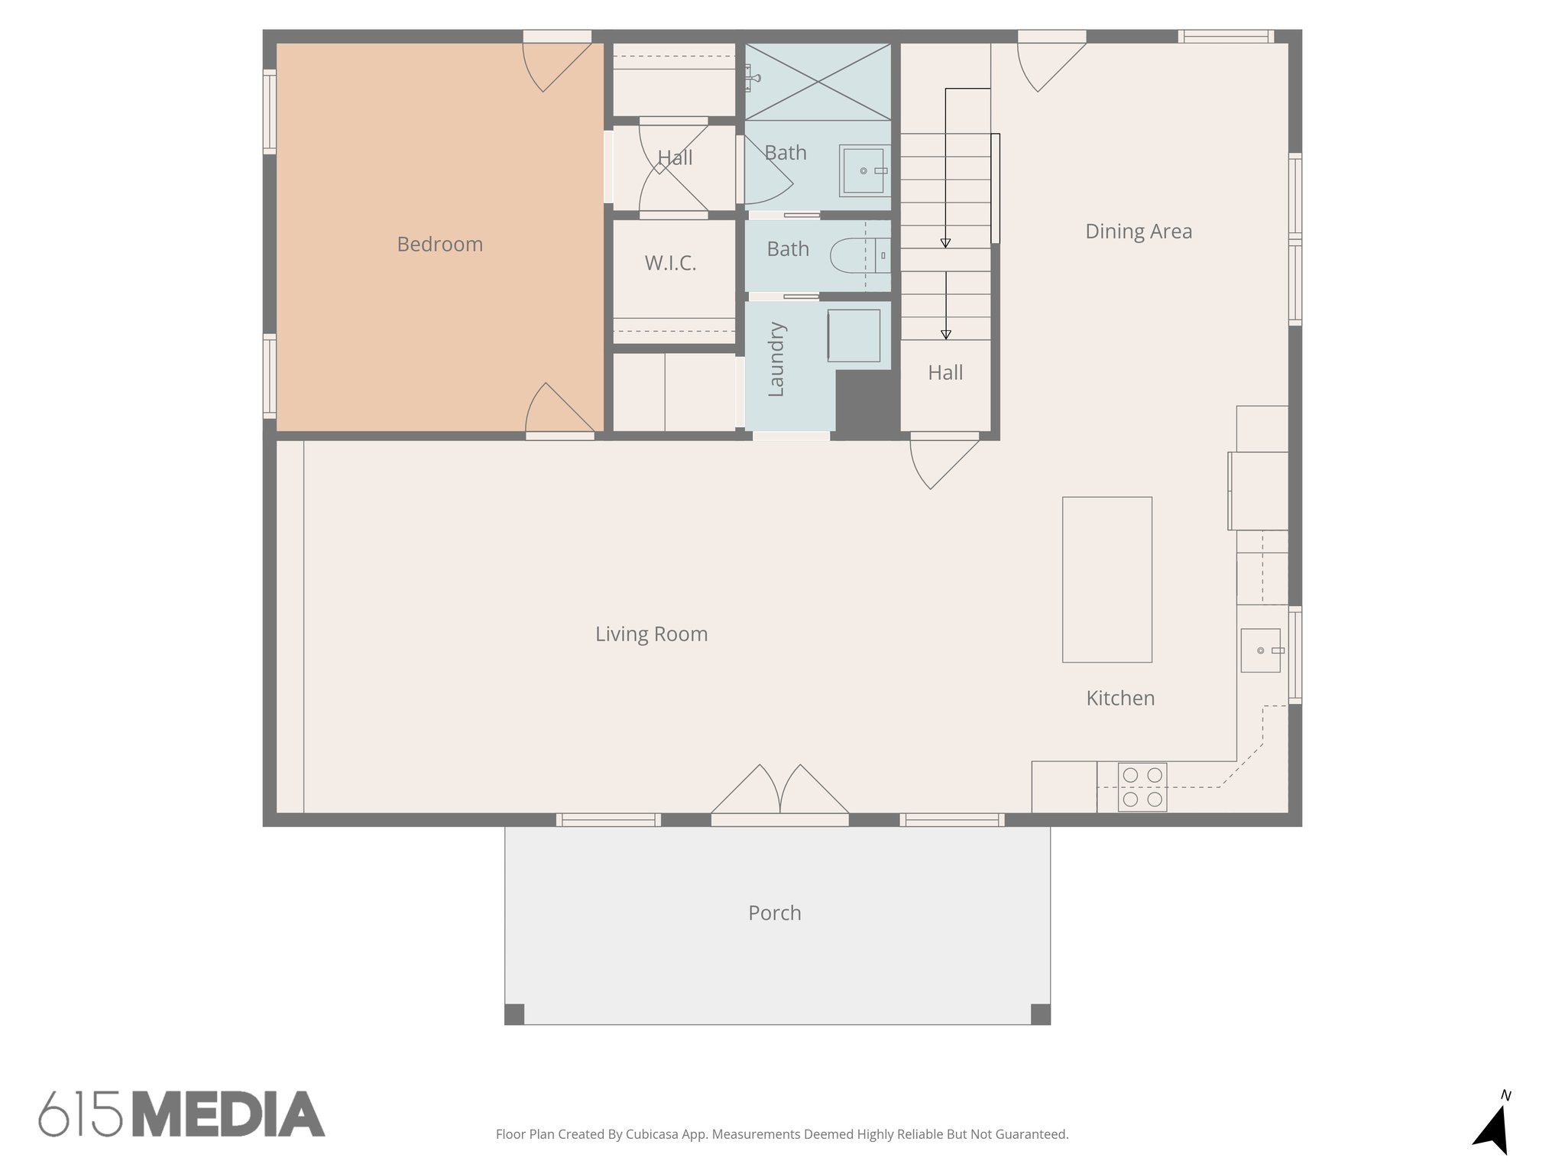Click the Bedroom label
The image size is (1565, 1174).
pos(439,245)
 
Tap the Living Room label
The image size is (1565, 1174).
pos(651,634)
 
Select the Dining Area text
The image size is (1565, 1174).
pos(1138,232)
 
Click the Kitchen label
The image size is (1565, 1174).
pos(1119,698)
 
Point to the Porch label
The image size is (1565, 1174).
pos(774,913)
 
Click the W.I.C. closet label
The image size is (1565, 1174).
pos(670,264)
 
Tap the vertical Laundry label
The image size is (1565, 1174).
pos(776,359)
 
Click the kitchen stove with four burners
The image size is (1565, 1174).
pos(1142,787)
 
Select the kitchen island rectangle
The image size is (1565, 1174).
pos(1107,579)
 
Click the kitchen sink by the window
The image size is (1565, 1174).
pos(1260,650)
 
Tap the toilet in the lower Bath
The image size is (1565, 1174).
pos(850,255)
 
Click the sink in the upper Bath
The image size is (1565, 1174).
pos(864,170)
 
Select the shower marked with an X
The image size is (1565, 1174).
pos(818,81)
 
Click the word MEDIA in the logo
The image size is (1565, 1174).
pos(228,1114)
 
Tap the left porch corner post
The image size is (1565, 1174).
pos(514,1014)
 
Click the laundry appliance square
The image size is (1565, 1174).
pos(854,336)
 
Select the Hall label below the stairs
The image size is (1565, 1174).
pos(945,373)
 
